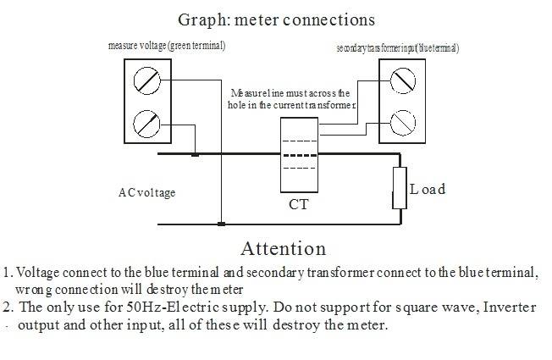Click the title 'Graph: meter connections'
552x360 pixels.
point(277,19)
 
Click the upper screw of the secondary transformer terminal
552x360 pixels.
point(402,81)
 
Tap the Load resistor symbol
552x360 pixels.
point(400,189)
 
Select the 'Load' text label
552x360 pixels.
point(428,189)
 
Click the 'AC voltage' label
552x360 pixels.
point(146,192)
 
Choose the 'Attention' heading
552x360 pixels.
point(283,249)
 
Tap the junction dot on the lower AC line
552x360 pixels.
point(220,224)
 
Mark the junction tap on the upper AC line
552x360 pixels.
point(195,155)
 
